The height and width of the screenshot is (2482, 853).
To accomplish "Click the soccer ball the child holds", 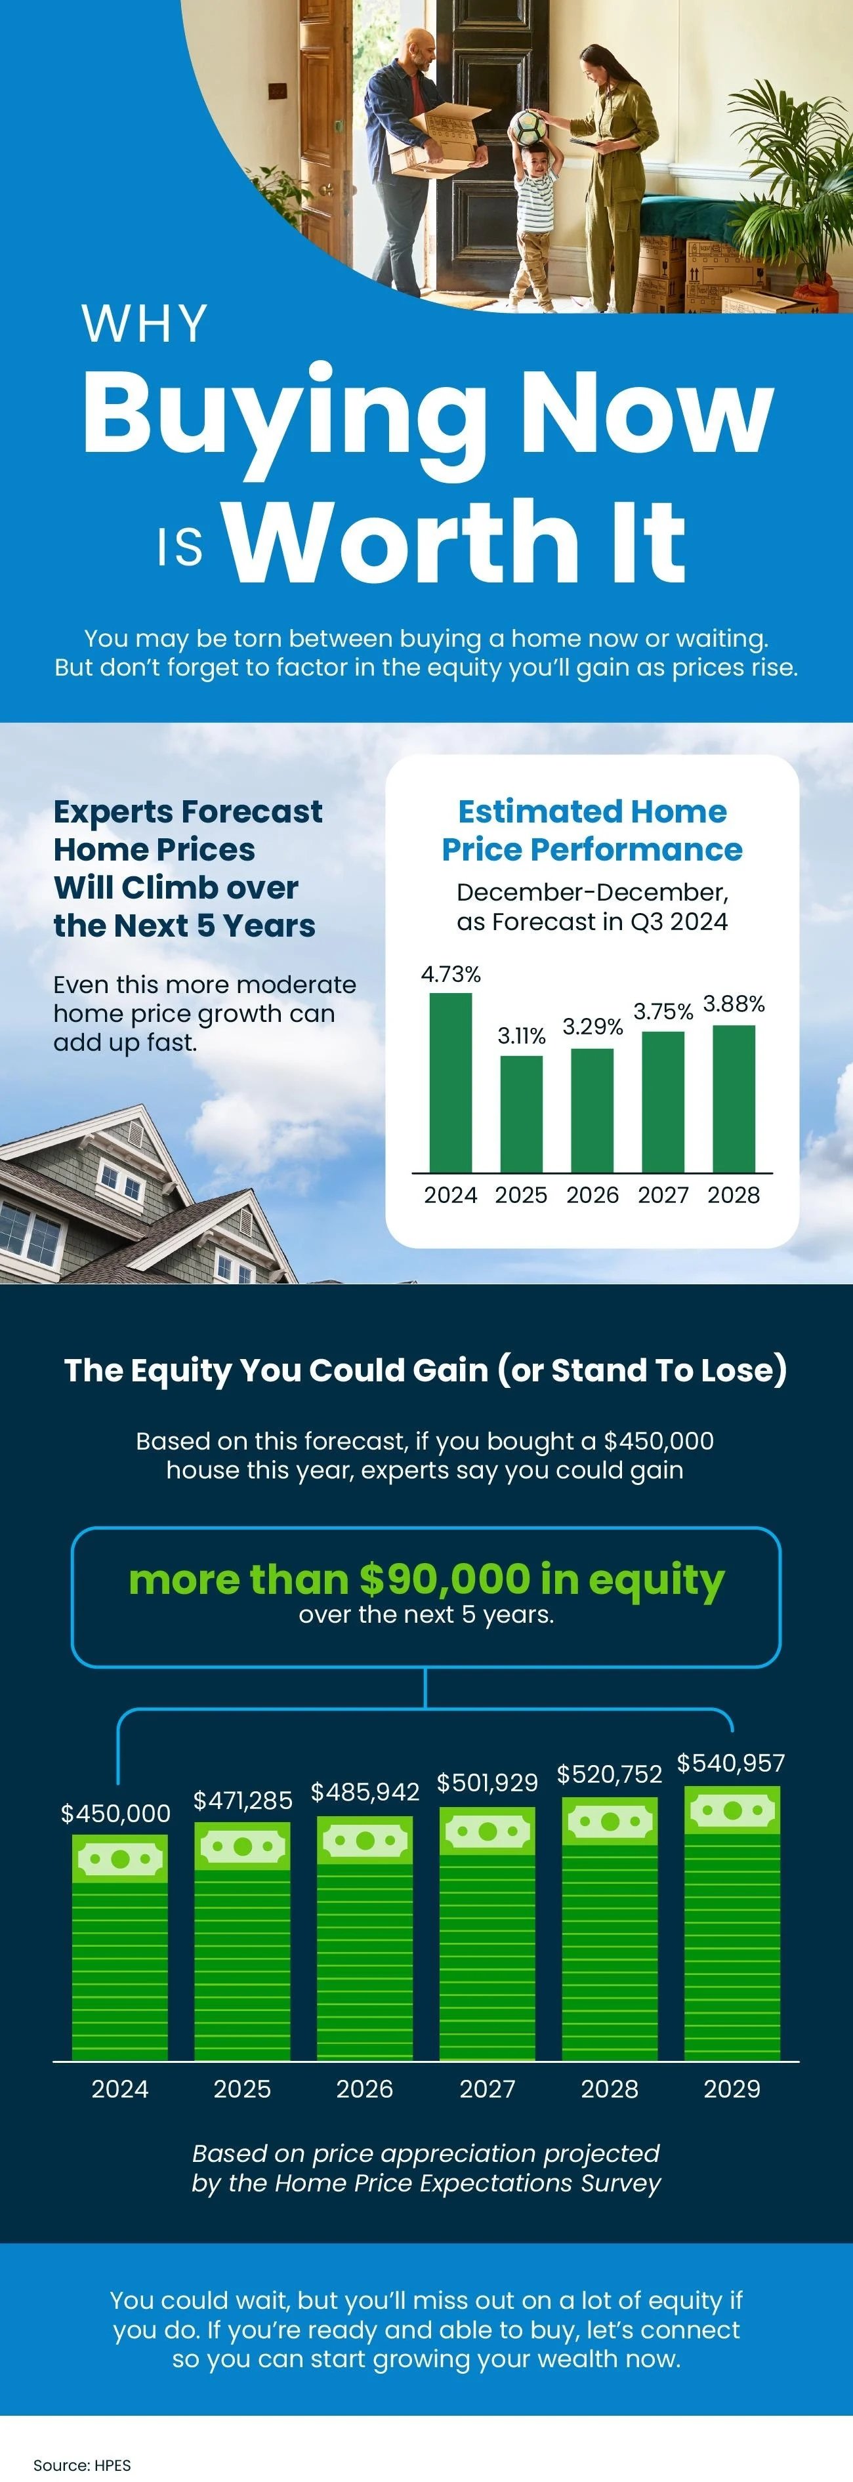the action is click(529, 127).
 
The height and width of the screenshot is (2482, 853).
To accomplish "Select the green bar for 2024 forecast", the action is click(450, 1082).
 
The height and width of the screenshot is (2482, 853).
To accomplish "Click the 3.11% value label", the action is click(522, 1036).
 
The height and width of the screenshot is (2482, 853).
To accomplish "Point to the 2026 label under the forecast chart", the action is click(592, 1194).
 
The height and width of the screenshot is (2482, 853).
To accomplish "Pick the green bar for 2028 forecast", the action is click(734, 1099).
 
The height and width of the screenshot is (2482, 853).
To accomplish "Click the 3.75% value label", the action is click(663, 1011).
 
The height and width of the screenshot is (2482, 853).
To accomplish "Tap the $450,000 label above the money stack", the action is click(115, 1814).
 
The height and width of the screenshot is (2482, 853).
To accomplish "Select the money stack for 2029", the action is click(732, 1923).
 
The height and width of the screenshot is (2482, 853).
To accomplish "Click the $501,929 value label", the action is click(487, 1783).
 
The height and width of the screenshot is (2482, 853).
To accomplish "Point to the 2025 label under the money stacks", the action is click(242, 2089).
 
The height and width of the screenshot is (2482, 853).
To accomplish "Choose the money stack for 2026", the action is click(364, 1938).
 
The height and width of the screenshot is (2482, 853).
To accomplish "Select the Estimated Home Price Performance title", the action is click(592, 830).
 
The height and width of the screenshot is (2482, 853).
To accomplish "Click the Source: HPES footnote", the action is click(82, 2465).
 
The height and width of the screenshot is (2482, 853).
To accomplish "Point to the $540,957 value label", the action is click(730, 1763).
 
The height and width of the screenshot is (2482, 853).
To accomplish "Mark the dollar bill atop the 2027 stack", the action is click(487, 1831).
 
